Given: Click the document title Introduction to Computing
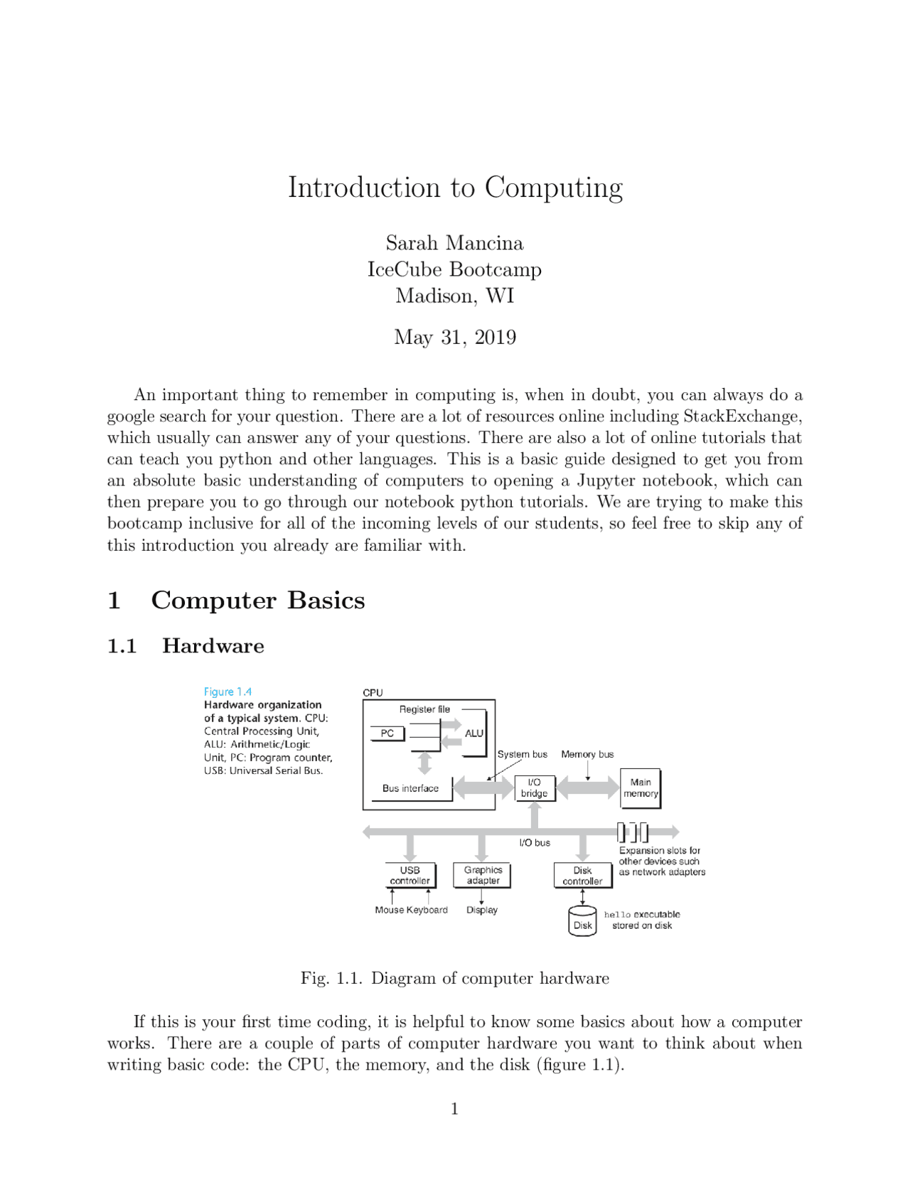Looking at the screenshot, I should click(455, 188).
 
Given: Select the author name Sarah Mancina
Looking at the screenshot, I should click(454, 243).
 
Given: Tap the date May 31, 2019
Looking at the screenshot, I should click(455, 337).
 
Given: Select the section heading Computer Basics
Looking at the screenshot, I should click(257, 601).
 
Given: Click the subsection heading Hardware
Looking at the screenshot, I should click(213, 646).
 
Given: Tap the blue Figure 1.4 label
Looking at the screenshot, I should click(227, 692).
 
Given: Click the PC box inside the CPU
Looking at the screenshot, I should click(387, 733).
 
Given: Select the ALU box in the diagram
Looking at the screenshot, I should click(474, 733).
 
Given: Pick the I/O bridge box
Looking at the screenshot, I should click(535, 788).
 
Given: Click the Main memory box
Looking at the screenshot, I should click(641, 788).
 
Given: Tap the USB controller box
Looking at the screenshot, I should click(409, 876).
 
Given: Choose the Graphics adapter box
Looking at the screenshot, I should click(483, 876).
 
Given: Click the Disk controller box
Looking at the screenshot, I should click(582, 876).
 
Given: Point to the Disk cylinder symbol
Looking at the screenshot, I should click(582, 922).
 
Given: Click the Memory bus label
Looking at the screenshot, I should click(587, 755).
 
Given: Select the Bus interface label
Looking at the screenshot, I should click(410, 788).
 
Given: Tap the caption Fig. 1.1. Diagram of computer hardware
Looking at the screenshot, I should click(455, 979).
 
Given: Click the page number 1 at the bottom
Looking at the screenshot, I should click(455, 1109).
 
